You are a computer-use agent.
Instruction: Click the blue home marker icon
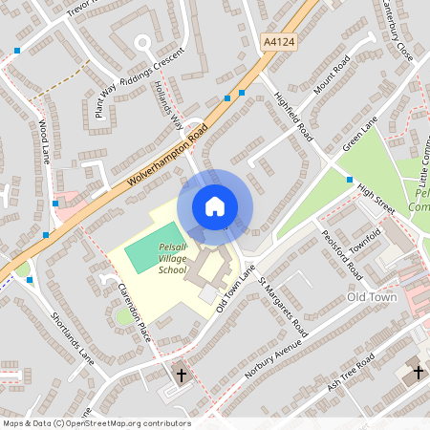click(x=214, y=205)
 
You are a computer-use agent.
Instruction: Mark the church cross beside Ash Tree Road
click(x=418, y=371)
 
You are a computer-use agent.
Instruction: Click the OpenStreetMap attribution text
click(x=96, y=423)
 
